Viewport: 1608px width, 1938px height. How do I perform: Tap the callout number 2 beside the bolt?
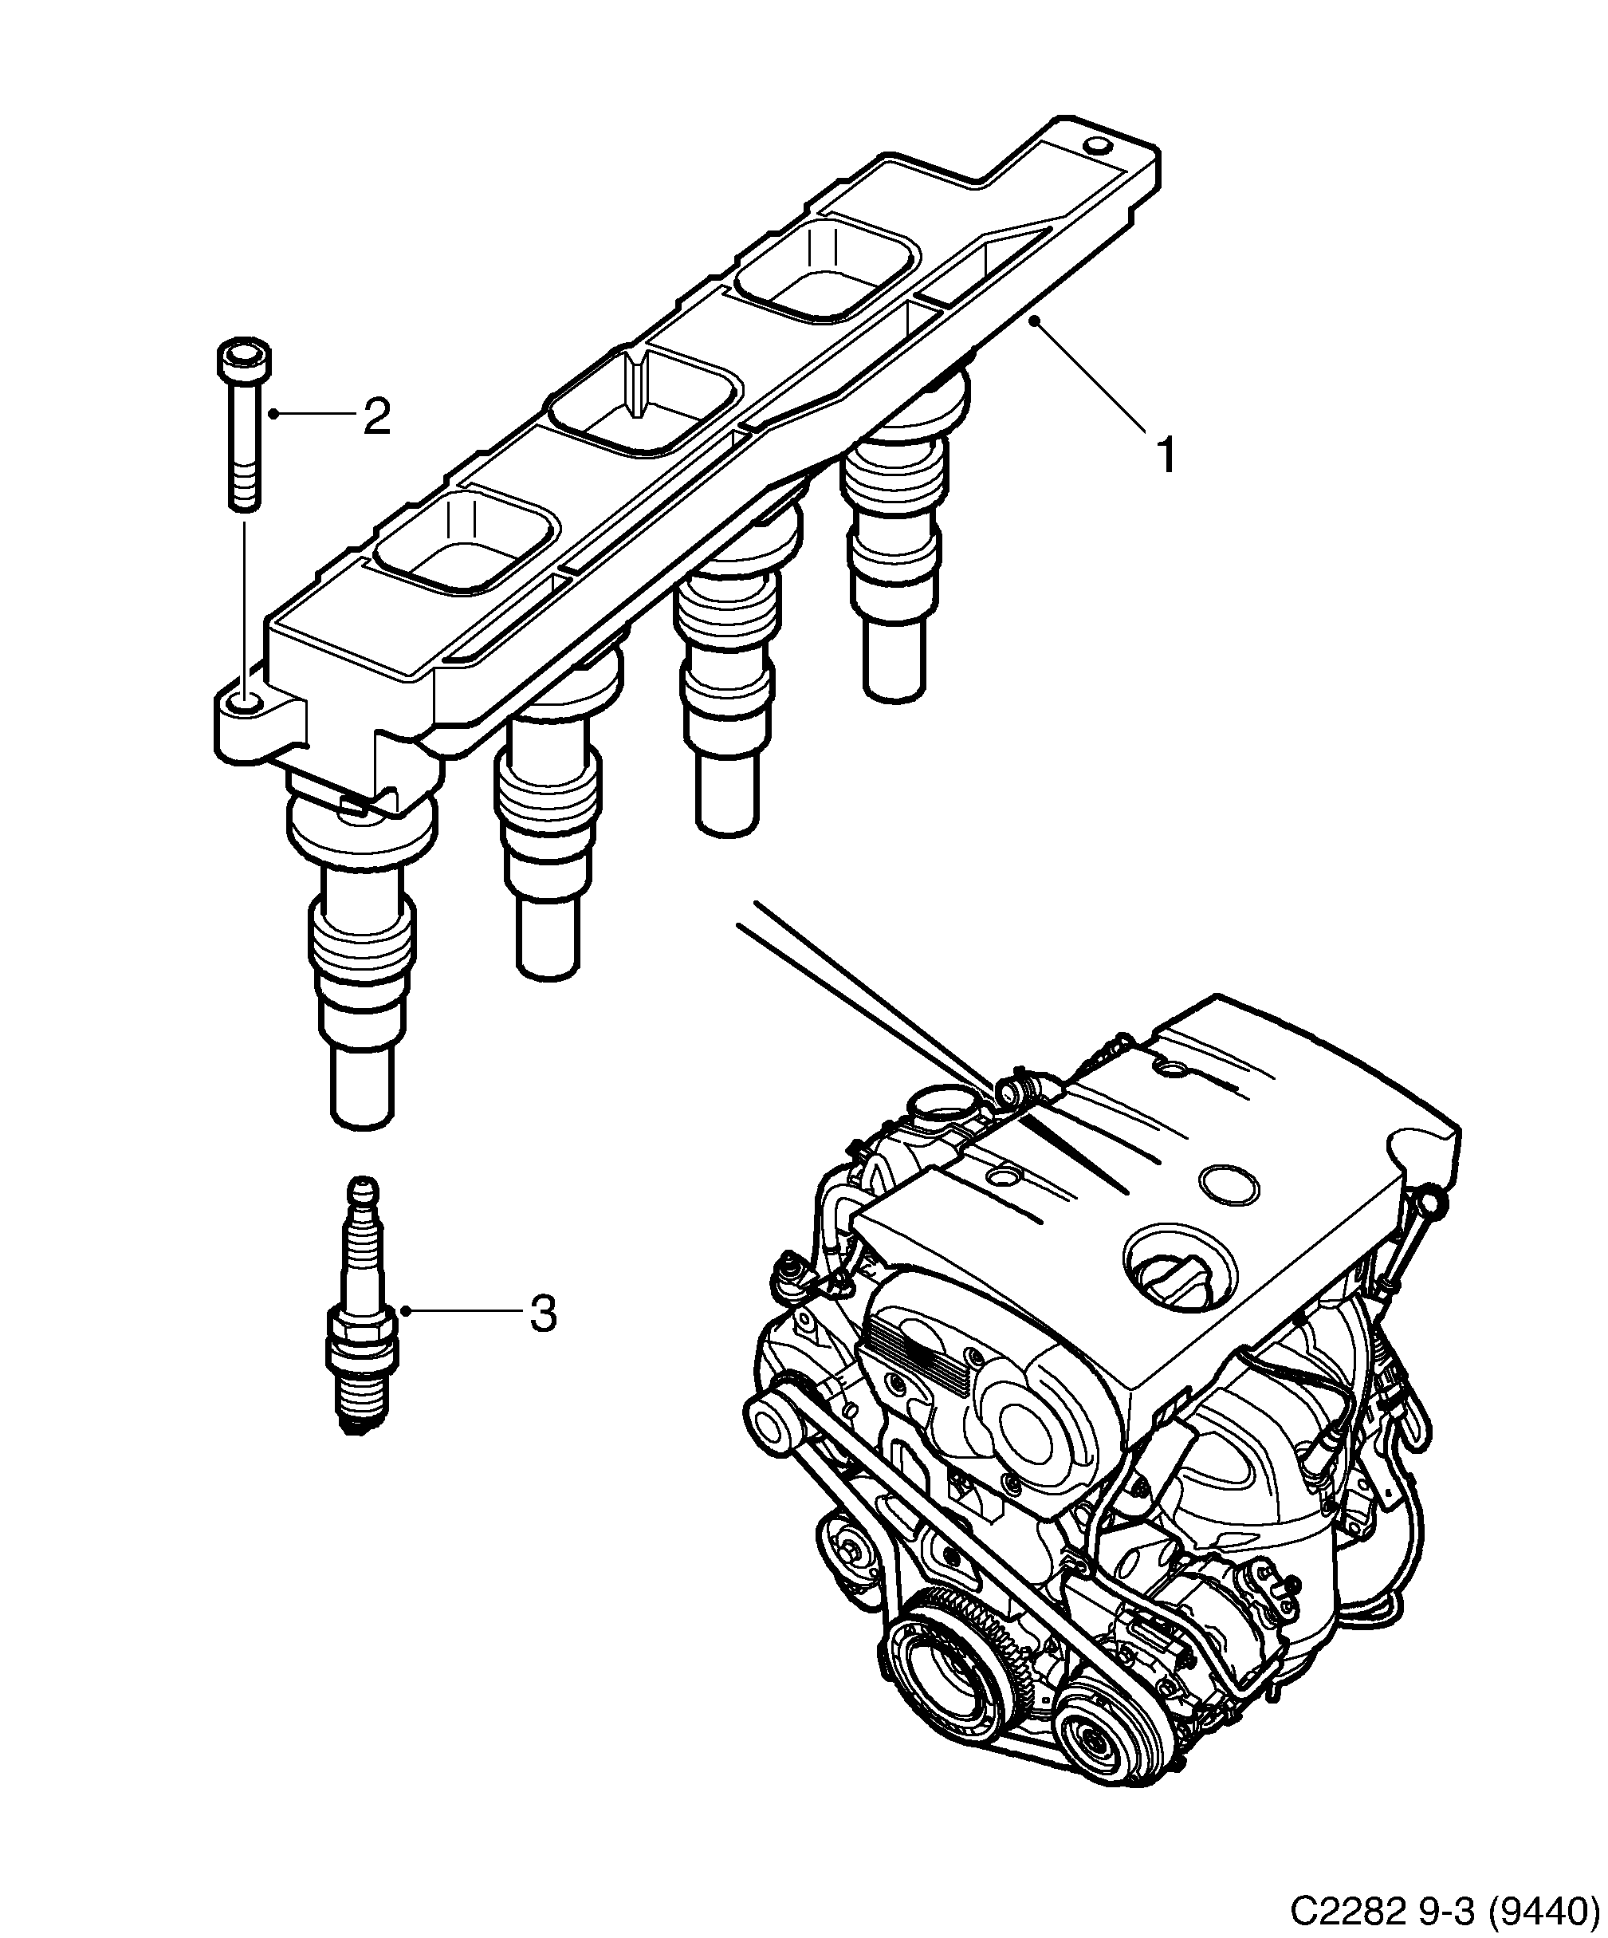[x=376, y=417]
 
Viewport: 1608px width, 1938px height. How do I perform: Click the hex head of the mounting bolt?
[x=245, y=359]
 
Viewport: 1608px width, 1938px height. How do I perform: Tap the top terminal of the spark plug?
[x=363, y=1191]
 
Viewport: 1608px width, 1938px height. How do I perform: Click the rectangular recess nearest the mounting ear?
[x=467, y=542]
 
